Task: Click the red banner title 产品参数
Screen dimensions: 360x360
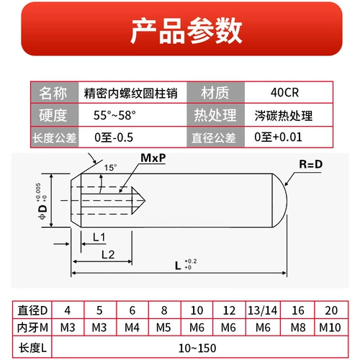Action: tap(186, 31)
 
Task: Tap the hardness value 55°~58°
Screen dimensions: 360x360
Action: tap(114, 115)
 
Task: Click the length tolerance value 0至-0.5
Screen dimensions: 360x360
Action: tap(114, 138)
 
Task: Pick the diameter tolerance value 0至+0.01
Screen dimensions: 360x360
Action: tap(278, 137)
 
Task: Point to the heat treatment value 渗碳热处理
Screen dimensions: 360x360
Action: tap(284, 116)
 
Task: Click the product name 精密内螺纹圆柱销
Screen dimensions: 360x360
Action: tap(130, 93)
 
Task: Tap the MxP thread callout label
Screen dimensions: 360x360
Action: tap(153, 158)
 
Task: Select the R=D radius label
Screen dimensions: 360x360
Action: tap(310, 164)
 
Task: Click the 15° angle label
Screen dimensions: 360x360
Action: tap(110, 168)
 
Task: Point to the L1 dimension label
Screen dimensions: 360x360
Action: tap(99, 238)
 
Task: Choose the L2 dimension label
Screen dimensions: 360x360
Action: tap(108, 255)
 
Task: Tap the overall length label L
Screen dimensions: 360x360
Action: tap(178, 266)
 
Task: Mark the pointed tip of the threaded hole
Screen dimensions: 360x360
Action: tap(145, 200)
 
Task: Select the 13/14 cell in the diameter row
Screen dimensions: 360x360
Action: tap(263, 310)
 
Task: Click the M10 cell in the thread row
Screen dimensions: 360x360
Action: tap(330, 328)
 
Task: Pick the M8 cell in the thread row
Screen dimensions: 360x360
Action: tap(298, 328)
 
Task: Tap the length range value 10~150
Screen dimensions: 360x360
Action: tap(197, 348)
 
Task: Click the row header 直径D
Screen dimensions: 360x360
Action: tap(32, 310)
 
